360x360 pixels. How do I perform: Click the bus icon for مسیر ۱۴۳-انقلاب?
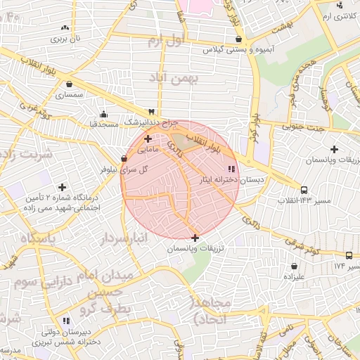click(304, 190)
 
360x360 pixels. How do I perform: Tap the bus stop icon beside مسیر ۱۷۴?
click(349, 256)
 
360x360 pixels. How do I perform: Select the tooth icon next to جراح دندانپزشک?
click(150, 112)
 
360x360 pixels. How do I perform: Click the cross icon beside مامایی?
click(147, 139)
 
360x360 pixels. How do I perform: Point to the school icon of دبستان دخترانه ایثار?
click(231, 168)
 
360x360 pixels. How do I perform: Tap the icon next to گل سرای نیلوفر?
click(124, 159)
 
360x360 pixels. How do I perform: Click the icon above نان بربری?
click(65, 27)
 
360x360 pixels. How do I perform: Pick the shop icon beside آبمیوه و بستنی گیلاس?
click(239, 39)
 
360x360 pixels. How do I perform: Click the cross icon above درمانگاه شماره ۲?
click(63, 187)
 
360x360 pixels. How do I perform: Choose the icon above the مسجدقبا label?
click(104, 115)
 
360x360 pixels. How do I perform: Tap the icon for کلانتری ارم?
click(340, 6)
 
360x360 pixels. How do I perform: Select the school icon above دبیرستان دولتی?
click(65, 320)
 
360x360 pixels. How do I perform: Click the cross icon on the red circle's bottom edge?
click(195, 238)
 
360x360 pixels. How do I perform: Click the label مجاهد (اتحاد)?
click(210, 310)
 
